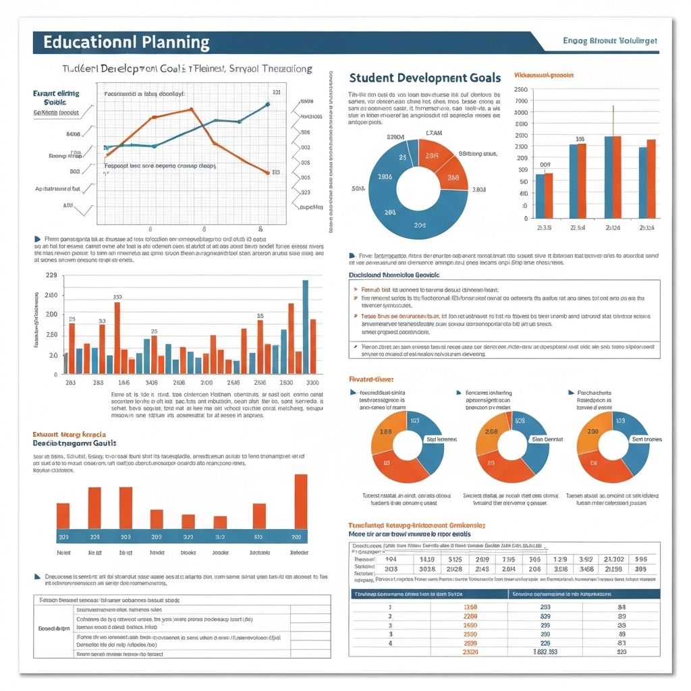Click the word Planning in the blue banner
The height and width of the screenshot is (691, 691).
point(176,42)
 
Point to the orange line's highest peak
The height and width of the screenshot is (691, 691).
point(192,109)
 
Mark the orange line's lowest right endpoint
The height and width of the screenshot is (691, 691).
point(267,173)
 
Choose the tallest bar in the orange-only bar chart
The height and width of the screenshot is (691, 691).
point(300,501)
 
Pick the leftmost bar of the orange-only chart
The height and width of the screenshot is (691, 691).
point(63,516)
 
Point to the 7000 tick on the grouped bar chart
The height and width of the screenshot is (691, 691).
point(520,101)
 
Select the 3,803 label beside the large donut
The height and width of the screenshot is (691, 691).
point(478,190)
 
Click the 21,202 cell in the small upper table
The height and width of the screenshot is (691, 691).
point(613,559)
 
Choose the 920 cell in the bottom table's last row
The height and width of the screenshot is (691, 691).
point(621,652)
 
